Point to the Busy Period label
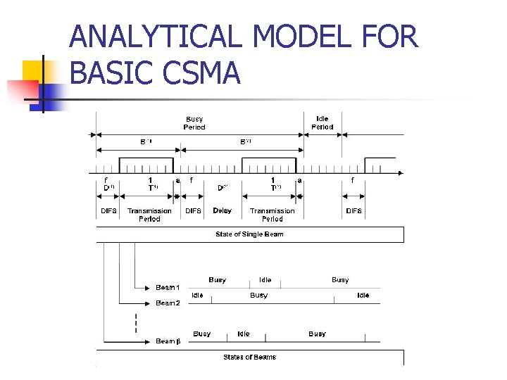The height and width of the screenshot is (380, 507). click(194, 123)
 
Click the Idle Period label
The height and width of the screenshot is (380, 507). click(322, 123)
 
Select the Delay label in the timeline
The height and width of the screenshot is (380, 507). click(222, 210)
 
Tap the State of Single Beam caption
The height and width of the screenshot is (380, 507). click(249, 234)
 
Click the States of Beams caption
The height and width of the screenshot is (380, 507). click(249, 357)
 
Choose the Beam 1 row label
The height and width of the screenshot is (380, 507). click(168, 288)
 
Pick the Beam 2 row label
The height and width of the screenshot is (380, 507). click(168, 303)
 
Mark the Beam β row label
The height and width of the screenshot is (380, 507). click(168, 341)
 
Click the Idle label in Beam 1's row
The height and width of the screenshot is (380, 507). click(265, 280)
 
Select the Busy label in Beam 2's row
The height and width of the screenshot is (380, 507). click(258, 296)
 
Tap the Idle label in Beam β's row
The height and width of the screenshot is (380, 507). click(243, 334)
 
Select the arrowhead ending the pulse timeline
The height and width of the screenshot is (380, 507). click(400, 173)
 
